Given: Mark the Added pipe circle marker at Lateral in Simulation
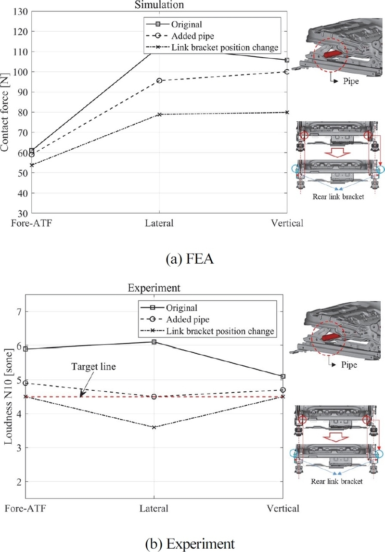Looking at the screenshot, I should (x=159, y=80).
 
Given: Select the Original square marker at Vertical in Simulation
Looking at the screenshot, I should (x=287, y=60).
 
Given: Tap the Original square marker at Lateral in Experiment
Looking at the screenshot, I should (x=154, y=342).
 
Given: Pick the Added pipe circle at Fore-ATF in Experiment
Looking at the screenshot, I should (x=26, y=383).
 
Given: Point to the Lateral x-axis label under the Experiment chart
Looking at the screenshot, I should (x=154, y=509).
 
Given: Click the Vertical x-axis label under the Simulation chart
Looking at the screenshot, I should (x=287, y=223).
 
